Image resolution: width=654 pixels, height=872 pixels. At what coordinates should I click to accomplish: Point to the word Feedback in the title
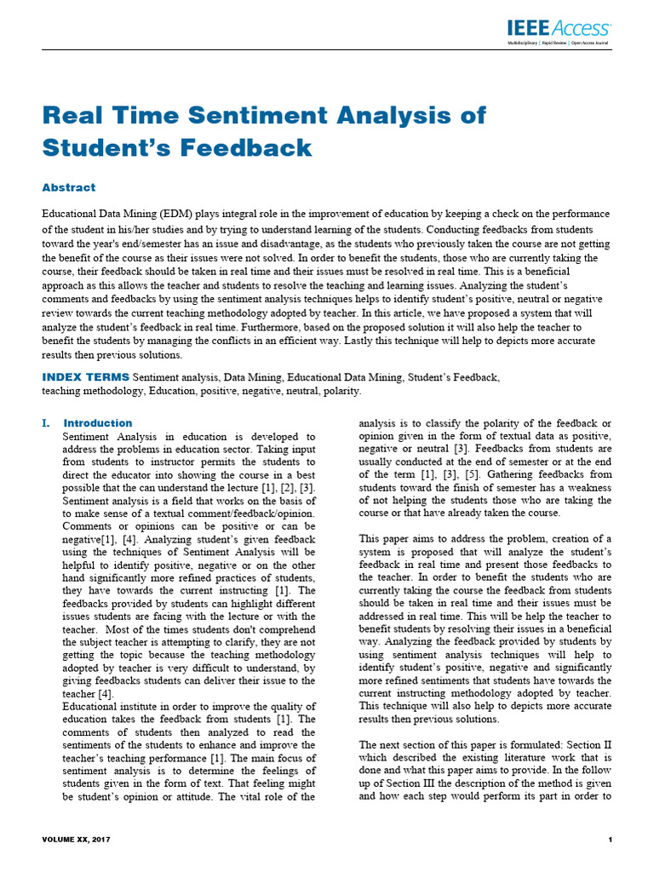click(x=239, y=147)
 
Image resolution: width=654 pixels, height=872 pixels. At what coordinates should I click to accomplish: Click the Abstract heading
click(x=69, y=187)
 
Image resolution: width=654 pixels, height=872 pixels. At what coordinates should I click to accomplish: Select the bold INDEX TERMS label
click(x=86, y=376)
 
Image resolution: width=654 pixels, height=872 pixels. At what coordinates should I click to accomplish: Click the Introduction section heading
click(x=98, y=423)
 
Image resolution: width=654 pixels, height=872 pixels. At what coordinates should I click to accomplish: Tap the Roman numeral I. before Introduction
click(x=47, y=423)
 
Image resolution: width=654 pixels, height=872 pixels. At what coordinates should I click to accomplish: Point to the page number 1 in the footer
click(x=611, y=840)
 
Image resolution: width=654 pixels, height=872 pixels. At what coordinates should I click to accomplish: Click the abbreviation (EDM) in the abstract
click(x=190, y=214)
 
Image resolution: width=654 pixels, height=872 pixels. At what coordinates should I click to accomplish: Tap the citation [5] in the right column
click(x=459, y=474)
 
